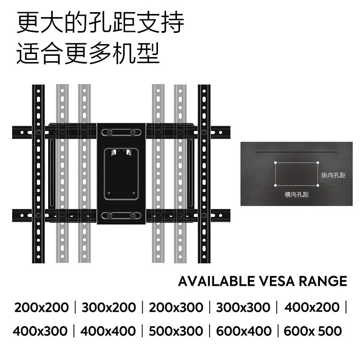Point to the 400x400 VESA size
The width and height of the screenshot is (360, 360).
108,331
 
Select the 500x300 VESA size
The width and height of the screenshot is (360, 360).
175,331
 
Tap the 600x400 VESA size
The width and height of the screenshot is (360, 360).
243,331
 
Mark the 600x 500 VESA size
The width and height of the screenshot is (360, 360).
312,331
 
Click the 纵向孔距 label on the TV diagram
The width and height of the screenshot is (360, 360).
333,175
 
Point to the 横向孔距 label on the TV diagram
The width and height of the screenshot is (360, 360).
297,195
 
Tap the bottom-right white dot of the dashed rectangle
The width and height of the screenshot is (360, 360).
318,185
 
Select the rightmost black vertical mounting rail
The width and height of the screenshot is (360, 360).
204,173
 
